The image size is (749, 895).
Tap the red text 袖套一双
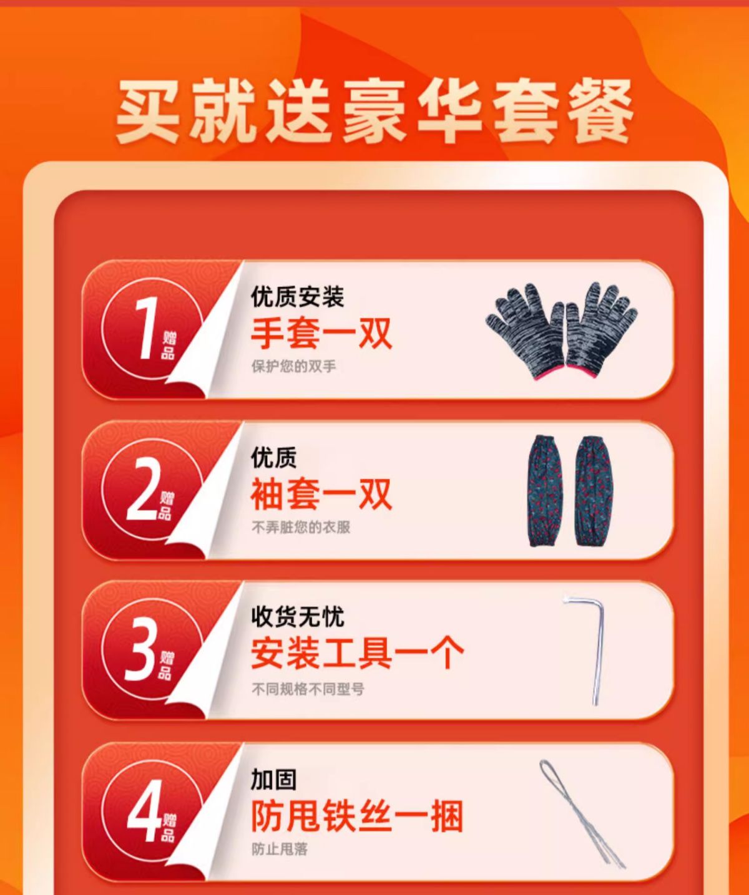[x=321, y=495]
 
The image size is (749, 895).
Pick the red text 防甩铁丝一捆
[x=358, y=816]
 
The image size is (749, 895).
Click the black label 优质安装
[x=297, y=297]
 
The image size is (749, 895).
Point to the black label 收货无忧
[x=297, y=617]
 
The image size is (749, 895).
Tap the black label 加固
[x=273, y=779]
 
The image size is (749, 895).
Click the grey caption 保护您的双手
[x=294, y=367]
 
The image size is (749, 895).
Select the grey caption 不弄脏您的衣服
[x=301, y=527]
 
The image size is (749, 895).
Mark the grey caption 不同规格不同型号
[x=308, y=689]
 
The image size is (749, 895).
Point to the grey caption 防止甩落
[x=280, y=849]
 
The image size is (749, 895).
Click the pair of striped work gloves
[x=562, y=331]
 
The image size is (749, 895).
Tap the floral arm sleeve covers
[x=570, y=491]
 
